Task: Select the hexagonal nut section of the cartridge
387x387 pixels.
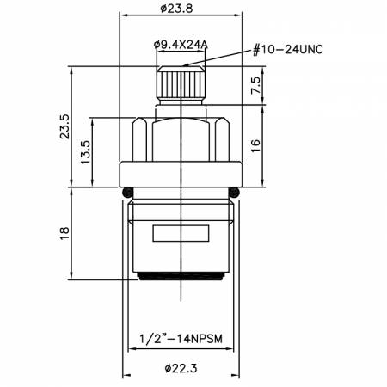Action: tap(181, 138)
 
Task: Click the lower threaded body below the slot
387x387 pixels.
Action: tap(181, 258)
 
